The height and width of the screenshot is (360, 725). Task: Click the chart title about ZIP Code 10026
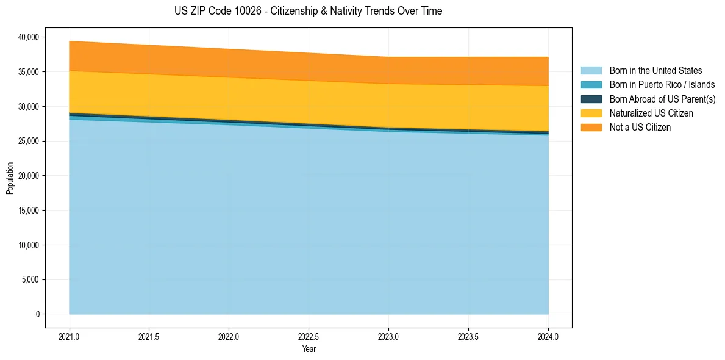[308, 11]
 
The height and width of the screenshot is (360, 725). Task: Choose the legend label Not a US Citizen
[640, 128]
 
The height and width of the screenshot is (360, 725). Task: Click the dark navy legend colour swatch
[591, 99]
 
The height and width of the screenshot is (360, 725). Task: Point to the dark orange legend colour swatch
[591, 128]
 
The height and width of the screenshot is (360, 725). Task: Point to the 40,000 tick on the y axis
[29, 37]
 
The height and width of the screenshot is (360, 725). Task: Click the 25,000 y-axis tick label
[29, 142]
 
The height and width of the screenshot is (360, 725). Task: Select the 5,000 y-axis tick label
[30, 280]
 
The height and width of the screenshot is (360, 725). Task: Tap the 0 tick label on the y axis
[37, 314]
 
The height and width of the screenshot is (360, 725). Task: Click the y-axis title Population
[10, 178]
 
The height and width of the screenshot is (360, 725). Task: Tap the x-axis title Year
[309, 350]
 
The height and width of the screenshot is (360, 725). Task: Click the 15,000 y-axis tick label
[29, 211]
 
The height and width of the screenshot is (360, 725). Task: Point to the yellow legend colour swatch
[591, 113]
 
